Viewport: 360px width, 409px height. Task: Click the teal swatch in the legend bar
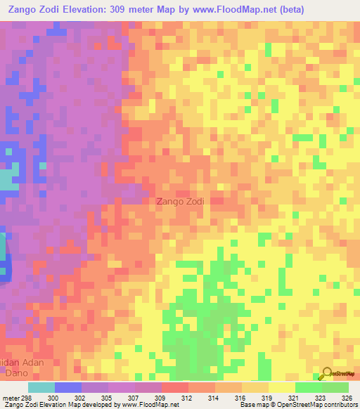point(41,387)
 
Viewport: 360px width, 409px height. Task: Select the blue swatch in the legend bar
point(67,387)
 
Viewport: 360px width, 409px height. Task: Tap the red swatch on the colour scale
point(174,387)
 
